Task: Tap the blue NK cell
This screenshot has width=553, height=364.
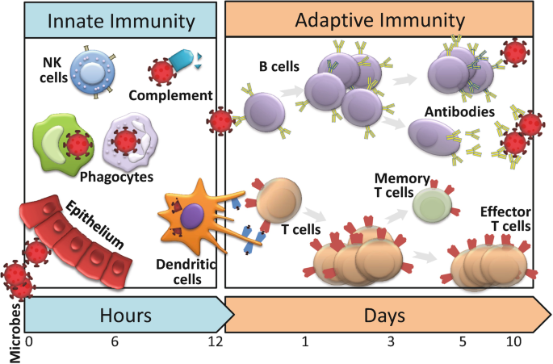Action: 93,70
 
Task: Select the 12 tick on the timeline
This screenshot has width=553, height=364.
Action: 215,342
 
